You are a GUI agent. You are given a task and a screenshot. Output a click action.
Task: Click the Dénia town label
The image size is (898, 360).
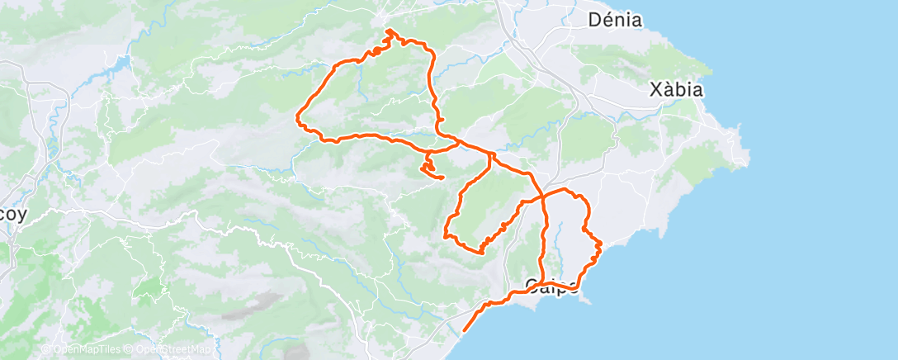[x=616, y=19]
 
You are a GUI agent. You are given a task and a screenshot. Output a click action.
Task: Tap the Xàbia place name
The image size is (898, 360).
[x=676, y=89]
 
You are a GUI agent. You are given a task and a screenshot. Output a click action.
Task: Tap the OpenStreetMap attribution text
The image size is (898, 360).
[x=174, y=349]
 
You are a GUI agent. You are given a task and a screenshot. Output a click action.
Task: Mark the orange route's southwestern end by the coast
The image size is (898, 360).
[x=464, y=329]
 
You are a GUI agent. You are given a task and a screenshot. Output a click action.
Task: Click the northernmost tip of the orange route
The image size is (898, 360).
[x=388, y=31]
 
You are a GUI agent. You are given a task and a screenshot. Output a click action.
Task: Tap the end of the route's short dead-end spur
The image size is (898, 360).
[x=443, y=178]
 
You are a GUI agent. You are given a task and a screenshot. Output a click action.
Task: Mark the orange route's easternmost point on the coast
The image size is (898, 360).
[x=600, y=244]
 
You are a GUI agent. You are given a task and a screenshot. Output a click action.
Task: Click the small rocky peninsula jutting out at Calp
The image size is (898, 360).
[x=587, y=299]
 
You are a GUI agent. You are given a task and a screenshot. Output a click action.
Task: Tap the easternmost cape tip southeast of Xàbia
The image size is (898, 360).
[x=748, y=154]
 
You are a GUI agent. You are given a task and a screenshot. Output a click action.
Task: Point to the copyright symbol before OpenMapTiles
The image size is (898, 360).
[x=45, y=349]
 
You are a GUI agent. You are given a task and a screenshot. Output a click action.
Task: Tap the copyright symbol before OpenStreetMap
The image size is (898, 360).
[x=131, y=349]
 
